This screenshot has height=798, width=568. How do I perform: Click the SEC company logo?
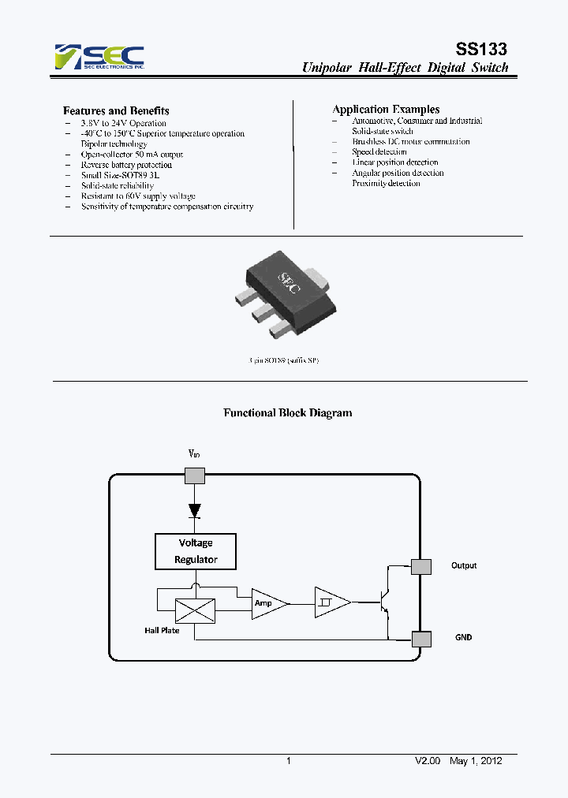point(99,57)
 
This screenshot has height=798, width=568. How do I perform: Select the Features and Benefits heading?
point(116,111)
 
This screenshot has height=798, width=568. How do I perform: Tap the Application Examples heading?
point(386,110)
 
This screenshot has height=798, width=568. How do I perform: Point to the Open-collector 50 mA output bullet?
point(132,155)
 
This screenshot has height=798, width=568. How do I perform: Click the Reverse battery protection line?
point(126,165)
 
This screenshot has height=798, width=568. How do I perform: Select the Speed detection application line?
point(379,152)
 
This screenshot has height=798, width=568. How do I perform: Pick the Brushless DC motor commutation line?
point(411,142)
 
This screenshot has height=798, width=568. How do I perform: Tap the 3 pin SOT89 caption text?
point(283,360)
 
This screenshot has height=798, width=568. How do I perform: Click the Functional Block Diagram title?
point(288,412)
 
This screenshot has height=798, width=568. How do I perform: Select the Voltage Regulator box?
point(196,551)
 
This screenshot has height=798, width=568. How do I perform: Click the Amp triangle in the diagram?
point(265,603)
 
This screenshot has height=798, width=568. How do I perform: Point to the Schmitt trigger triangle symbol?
point(331,603)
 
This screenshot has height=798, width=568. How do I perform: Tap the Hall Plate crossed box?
point(194,610)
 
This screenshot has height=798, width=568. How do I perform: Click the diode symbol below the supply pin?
point(194,510)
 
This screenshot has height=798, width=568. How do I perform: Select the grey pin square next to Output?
point(421,566)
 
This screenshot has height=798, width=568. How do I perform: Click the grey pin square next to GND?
point(421,639)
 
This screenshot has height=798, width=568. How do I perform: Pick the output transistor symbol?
point(383,603)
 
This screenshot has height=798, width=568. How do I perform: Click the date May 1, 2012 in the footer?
point(476,761)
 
